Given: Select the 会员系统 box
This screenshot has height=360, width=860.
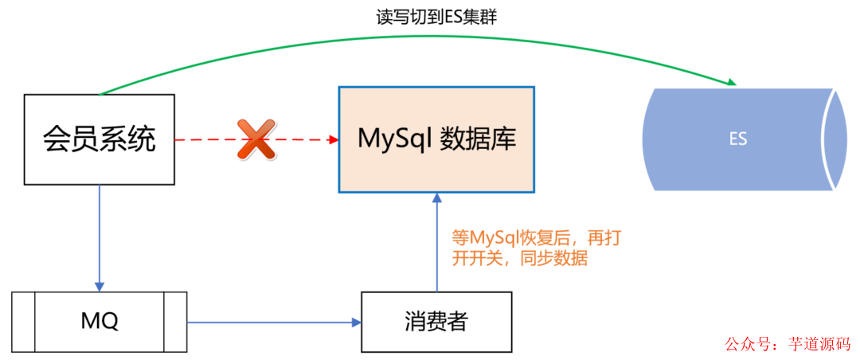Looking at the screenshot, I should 99,140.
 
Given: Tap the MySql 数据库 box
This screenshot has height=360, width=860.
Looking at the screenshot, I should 436,139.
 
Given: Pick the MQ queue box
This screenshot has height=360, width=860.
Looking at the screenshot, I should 100,322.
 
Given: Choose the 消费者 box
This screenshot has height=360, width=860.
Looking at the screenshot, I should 436,322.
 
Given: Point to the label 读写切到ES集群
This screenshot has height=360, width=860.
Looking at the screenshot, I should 436,18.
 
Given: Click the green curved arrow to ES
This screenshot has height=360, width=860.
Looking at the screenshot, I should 398,37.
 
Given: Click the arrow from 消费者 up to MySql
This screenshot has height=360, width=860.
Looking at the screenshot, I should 436,243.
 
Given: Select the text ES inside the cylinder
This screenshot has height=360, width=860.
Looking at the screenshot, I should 738,139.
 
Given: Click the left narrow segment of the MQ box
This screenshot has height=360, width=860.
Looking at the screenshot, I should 24,322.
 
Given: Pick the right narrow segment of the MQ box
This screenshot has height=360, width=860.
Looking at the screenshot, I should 175,322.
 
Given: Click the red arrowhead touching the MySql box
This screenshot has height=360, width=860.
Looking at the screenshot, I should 333,139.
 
